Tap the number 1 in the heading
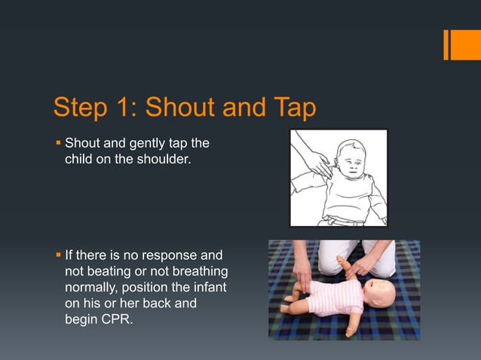122,108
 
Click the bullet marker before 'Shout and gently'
57,143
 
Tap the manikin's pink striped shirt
332,295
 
